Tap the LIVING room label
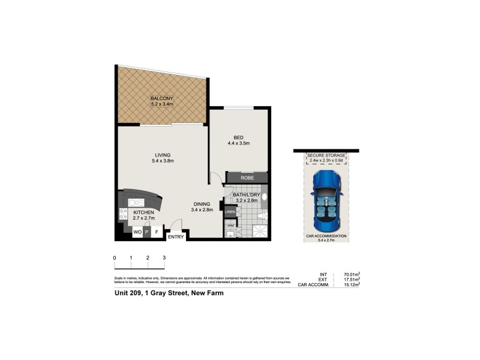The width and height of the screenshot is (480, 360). click(x=162, y=155)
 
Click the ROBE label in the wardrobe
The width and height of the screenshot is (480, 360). click(x=247, y=178)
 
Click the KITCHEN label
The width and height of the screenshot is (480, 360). click(x=144, y=212)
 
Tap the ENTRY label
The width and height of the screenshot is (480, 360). click(x=176, y=237)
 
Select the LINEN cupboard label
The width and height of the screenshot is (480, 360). click(x=230, y=212)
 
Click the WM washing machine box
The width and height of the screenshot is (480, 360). click(x=230, y=226)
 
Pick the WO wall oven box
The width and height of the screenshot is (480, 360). click(x=137, y=231)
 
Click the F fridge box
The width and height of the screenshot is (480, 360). click(x=157, y=231)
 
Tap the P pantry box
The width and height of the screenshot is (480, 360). click(x=147, y=231)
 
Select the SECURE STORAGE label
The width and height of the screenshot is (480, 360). click(x=326, y=155)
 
